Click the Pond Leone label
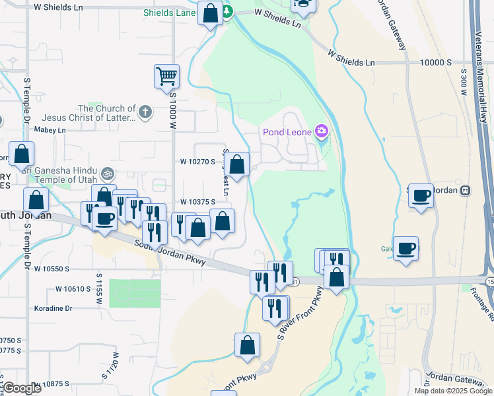[x=289, y=132]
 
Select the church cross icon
[x=146, y=112]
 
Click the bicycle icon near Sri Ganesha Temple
[x=108, y=174]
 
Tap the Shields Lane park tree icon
[x=227, y=12]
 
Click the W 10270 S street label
[x=197, y=161]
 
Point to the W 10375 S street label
[x=197, y=203]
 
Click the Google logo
[x=22, y=388]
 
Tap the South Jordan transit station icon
[x=466, y=190]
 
